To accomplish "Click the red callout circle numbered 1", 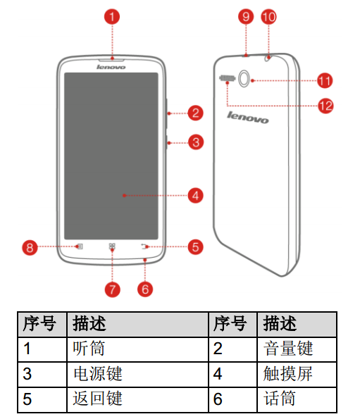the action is pos(112,17).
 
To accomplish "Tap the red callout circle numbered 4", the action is pos(195,195).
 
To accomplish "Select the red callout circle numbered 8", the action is pos(30,247).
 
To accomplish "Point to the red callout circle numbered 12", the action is pos(325,106).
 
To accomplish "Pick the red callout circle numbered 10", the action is pos(268,17).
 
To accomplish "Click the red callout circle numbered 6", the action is pos(145,289).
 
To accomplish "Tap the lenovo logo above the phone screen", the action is pos(111,67).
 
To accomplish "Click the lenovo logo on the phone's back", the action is pos(248,118).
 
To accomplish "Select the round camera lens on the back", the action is pos(244,78).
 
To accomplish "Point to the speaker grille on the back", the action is pos(227,78).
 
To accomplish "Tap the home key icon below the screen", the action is pos(112,246).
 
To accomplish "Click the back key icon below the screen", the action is pos(145,246).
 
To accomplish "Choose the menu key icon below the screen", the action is pos(80,246).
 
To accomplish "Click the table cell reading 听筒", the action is pos(137,349).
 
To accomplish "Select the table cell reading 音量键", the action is pos(297,349).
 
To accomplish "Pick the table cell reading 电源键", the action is pos(137,374).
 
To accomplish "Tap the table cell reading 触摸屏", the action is pos(297,374).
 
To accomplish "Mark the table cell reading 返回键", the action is pos(137,399).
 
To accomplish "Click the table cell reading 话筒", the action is pos(297,399).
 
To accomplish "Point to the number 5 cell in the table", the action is pos(42,399).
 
